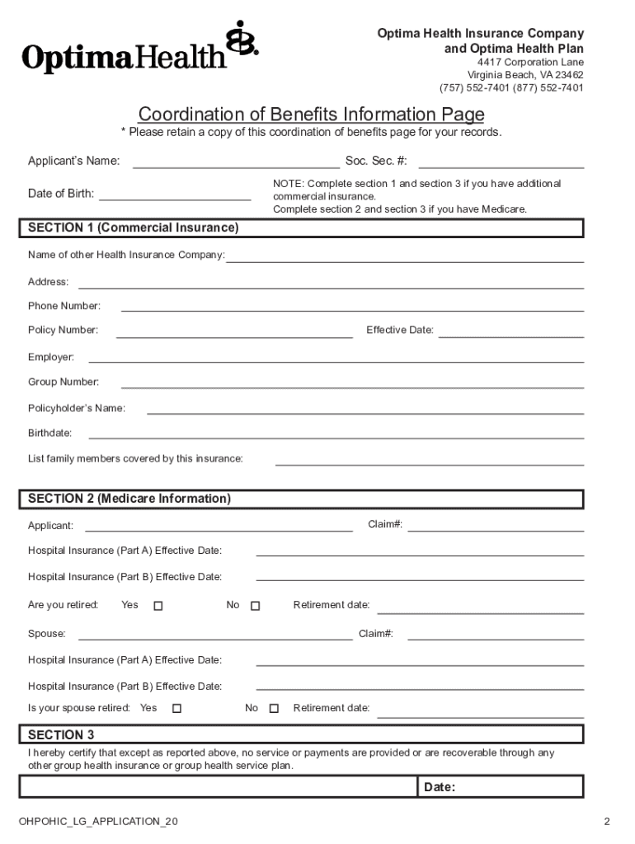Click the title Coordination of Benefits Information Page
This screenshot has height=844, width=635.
(311, 114)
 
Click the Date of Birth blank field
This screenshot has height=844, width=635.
(175, 198)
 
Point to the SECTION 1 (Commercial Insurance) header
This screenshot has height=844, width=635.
(134, 227)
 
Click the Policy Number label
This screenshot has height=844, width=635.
(63, 331)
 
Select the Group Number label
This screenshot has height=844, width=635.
(63, 382)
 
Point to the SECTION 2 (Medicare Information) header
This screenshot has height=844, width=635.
(129, 499)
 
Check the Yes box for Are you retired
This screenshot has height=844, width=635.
(158, 606)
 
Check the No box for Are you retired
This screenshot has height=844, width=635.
(255, 606)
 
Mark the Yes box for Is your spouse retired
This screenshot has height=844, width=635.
(176, 708)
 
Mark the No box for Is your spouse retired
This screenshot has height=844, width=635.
(274, 708)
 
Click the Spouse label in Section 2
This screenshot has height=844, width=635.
(47, 635)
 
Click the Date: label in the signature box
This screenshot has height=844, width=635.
(440, 787)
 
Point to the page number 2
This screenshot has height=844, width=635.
(606, 822)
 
